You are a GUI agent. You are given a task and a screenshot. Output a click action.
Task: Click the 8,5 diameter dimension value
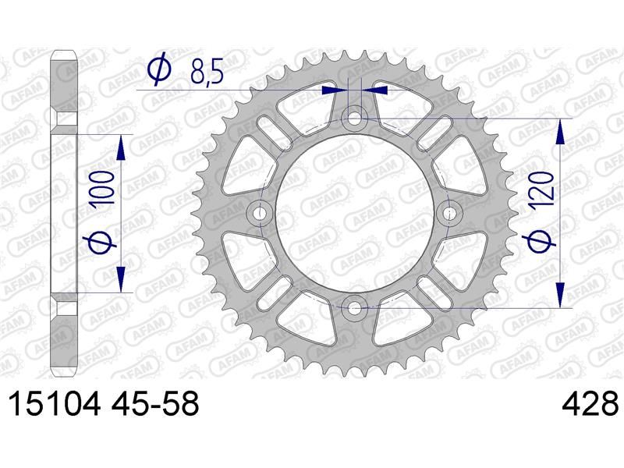pos(207,71)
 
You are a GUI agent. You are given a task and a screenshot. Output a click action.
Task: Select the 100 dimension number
pos(101,188)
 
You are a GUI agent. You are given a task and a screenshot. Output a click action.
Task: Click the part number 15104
pos(54,404)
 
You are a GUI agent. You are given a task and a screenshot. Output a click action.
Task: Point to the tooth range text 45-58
pos(155,404)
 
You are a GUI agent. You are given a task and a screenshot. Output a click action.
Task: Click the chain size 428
pos(590,404)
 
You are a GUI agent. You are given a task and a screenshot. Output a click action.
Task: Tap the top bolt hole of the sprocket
pos(355,119)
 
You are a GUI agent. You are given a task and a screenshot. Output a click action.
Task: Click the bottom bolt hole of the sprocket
pos(355,307)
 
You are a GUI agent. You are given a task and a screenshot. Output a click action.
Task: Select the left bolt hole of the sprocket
pos(261,213)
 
